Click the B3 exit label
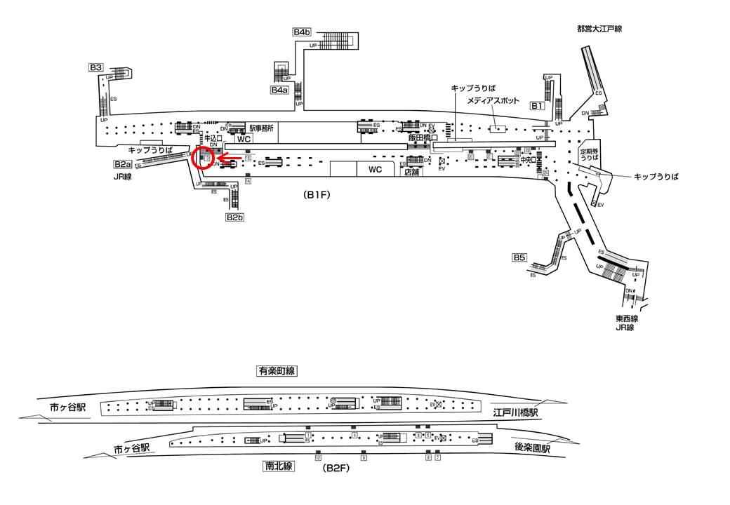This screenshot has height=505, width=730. [96, 67]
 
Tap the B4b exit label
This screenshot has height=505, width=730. [302, 32]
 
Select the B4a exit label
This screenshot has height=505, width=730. [279, 90]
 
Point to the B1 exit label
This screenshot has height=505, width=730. [536, 106]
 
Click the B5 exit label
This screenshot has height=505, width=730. [519, 257]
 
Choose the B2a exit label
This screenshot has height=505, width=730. [123, 164]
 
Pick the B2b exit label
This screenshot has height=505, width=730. [234, 217]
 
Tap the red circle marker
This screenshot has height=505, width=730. [204, 159]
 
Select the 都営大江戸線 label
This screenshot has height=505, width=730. [599, 29]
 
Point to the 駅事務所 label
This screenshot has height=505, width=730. [262, 128]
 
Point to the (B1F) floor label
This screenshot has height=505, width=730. [317, 196]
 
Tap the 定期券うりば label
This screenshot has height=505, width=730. [588, 154]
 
